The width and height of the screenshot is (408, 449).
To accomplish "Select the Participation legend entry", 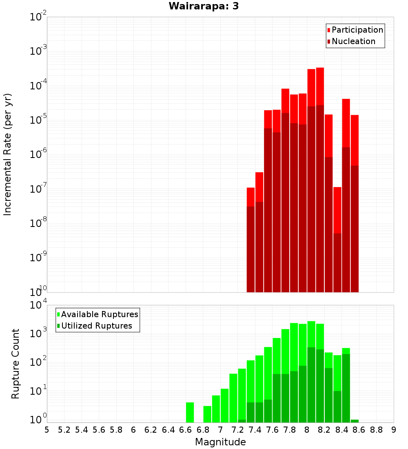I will tap(357, 30).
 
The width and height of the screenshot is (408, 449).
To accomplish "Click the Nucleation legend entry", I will tap(353, 41).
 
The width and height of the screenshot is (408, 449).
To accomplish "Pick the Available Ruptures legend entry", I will tap(100, 314).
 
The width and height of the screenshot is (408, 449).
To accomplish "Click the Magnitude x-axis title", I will tap(220, 442).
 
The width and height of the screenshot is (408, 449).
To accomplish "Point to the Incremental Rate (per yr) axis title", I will tap(8, 154).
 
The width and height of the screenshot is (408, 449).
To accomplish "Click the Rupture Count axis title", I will tap(16, 364).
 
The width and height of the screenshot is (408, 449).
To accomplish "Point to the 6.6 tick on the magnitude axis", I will tap(186, 430).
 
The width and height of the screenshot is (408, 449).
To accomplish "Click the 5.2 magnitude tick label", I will tap(64, 430).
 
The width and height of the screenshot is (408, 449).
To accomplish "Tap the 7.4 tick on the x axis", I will tap(255, 430).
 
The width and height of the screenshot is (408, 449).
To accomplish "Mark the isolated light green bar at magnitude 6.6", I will tap(190, 412).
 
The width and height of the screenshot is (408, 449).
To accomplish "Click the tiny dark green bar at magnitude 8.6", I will tap(355, 421).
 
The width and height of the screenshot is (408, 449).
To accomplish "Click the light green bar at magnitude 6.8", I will tap(207, 414).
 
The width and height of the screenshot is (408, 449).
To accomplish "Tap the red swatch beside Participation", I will tap(328, 30).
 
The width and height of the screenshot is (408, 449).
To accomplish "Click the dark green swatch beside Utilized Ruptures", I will tap(58, 326).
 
